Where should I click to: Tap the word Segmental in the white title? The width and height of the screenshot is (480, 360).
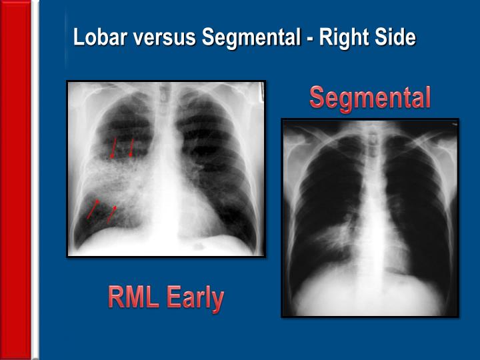tap(251, 37)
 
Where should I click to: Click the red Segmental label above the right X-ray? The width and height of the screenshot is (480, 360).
tap(370, 98)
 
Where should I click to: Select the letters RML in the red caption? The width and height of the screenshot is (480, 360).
tap(133, 297)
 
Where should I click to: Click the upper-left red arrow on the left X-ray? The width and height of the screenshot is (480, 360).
tap(113, 147)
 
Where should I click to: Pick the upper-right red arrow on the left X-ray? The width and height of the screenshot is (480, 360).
tap(131, 147)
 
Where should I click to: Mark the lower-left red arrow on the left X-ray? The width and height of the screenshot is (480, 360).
tap(93, 208)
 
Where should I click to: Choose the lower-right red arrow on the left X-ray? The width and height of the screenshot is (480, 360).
tap(111, 213)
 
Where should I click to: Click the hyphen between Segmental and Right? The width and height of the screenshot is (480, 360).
tap(310, 39)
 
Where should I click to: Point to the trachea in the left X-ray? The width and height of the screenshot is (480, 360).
tap(167, 107)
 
